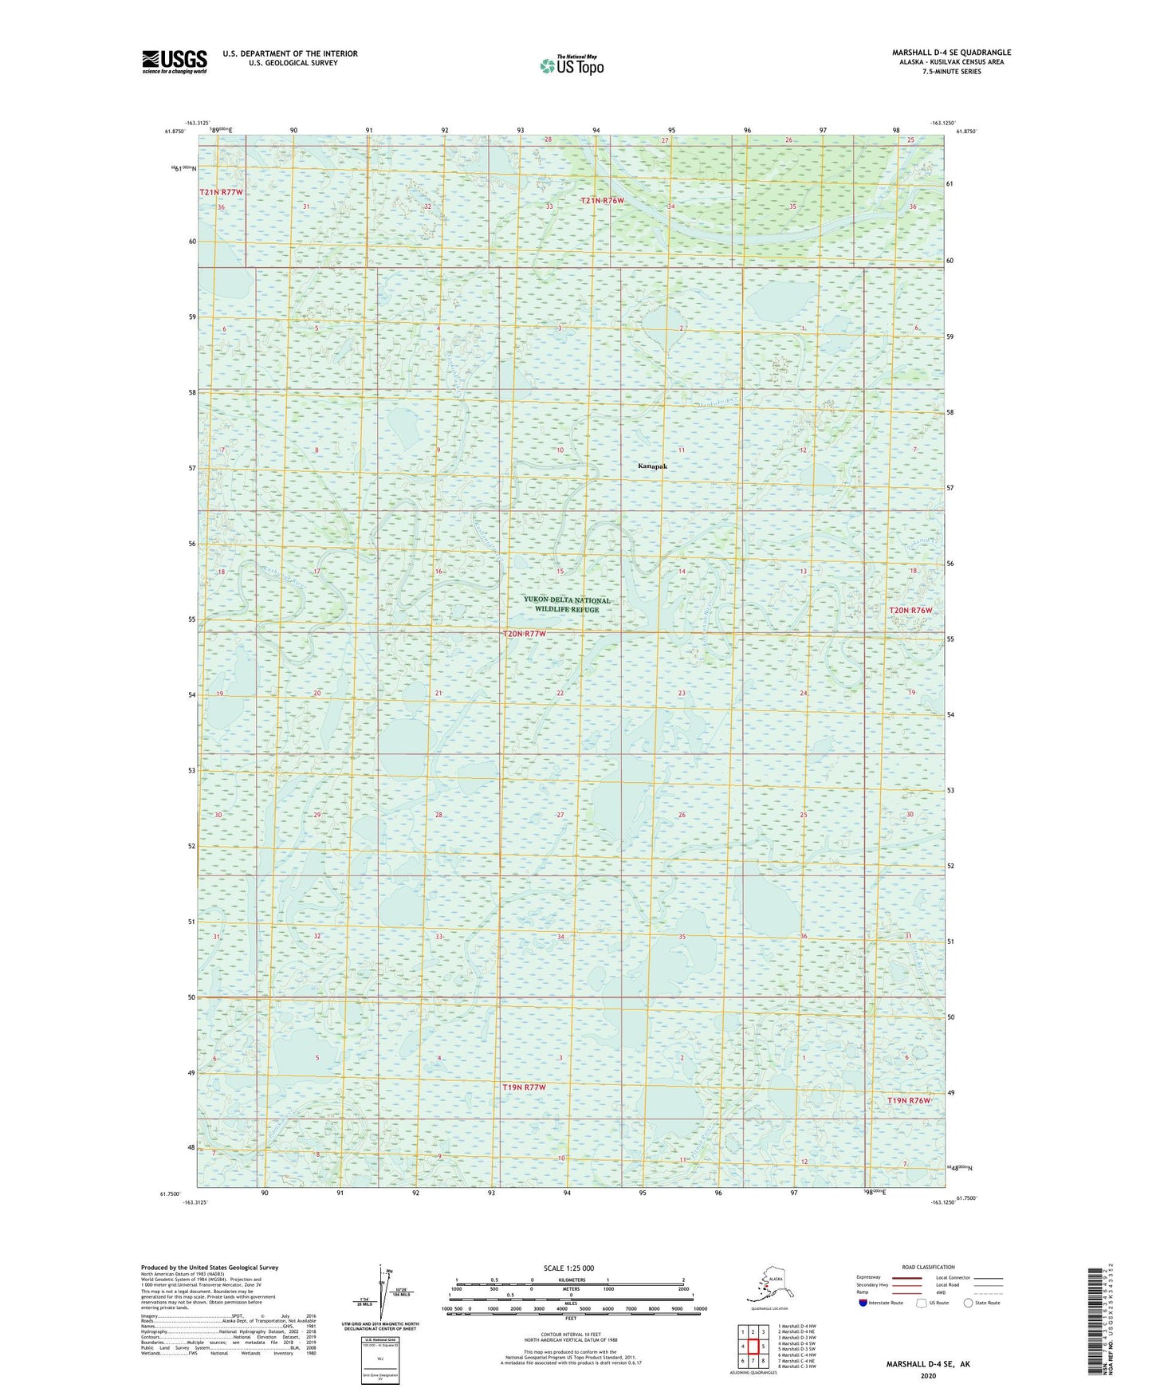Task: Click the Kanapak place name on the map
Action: (652, 466)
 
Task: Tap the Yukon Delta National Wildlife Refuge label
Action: (567, 605)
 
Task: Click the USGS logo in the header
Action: (175, 61)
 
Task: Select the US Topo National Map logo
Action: (571, 65)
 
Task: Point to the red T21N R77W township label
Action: (220, 193)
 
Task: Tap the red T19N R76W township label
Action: (909, 1100)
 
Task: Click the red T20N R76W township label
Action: (910, 610)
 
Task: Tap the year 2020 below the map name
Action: (927, 1375)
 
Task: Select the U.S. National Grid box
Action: (379, 1362)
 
